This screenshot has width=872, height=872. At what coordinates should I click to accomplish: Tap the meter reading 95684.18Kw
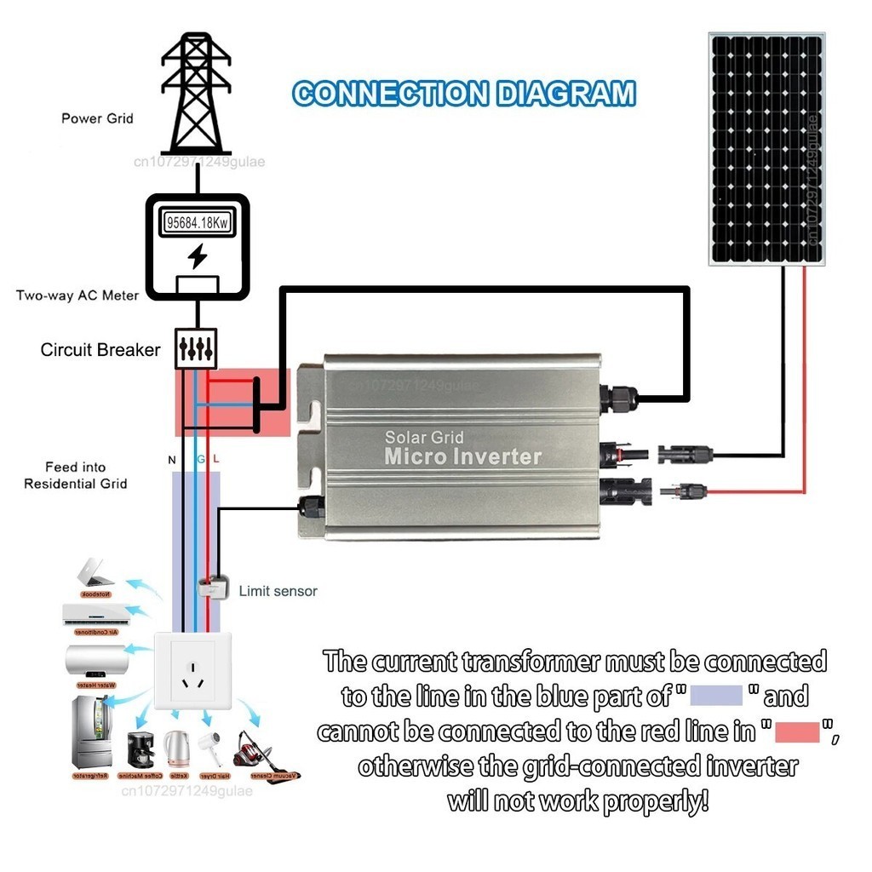pos(197,224)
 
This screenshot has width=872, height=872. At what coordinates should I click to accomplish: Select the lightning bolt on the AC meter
pos(197,255)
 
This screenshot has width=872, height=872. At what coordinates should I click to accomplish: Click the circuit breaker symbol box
pos(196,348)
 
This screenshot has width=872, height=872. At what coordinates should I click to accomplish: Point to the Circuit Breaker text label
pos(100,350)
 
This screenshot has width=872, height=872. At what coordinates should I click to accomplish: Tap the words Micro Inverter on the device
pos(462,456)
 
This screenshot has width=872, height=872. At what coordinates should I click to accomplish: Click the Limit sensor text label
pos(278,591)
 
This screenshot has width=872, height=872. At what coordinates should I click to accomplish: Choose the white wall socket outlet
pos(192,671)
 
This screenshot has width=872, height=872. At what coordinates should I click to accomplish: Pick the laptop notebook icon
pos(95,572)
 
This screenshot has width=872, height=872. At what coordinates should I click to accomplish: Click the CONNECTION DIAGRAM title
pos(463,94)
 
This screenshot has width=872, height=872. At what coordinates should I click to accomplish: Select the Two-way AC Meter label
pos(77,295)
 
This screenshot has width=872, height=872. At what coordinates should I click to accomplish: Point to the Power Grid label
pos(97,118)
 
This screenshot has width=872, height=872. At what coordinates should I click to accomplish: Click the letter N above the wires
pos(172,460)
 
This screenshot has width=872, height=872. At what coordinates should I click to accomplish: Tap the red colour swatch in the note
pos(797,731)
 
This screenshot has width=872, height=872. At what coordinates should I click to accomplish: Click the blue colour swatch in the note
pos(717,696)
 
